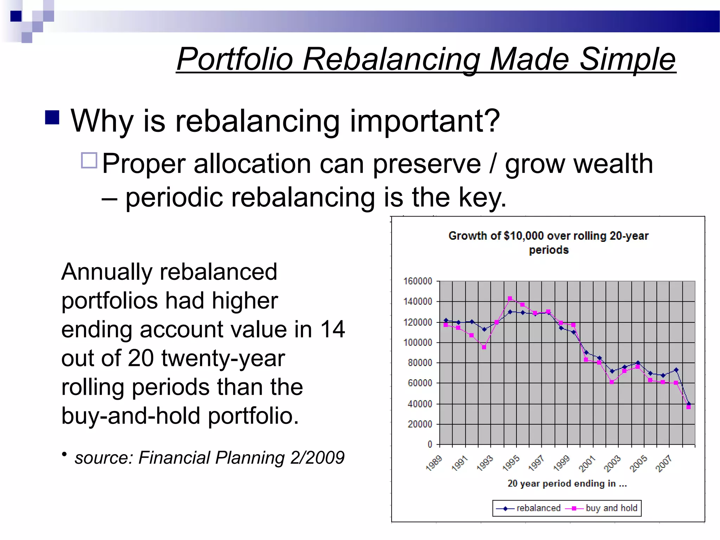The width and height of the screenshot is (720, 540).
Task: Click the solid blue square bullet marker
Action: click(52, 117)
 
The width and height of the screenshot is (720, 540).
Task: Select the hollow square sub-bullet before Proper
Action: click(89, 160)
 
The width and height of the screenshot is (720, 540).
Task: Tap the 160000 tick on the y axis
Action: click(417, 281)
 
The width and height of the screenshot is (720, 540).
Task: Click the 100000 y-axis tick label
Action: click(417, 342)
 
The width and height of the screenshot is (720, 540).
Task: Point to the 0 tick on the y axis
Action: click(430, 444)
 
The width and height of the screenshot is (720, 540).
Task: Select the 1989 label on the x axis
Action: click(433, 463)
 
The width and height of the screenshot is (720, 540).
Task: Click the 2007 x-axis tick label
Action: click(663, 463)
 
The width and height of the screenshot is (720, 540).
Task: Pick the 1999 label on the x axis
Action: click(561, 463)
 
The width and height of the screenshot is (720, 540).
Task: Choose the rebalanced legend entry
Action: click(529, 508)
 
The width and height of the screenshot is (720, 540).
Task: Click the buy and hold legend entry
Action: click(602, 508)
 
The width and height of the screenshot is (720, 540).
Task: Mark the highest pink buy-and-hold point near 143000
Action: click(510, 298)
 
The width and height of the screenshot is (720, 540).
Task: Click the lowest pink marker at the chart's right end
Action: click(688, 407)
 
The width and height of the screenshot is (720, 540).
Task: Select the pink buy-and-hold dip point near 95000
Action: click(484, 347)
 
